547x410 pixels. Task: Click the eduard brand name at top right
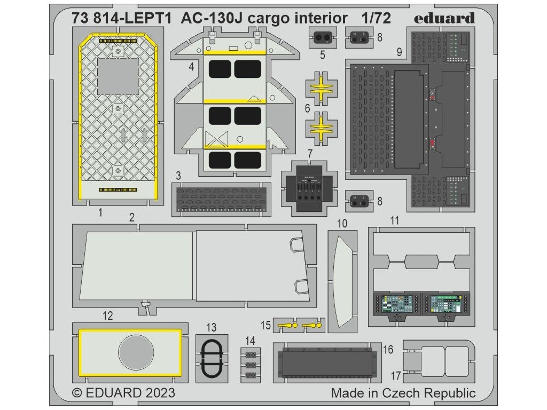(443, 18)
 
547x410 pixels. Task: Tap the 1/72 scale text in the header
(376, 19)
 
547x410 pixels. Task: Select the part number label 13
(212, 327)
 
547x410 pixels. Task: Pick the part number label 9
(399, 53)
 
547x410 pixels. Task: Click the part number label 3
(178, 176)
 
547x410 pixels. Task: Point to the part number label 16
(388, 350)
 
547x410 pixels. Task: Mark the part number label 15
(266, 325)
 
